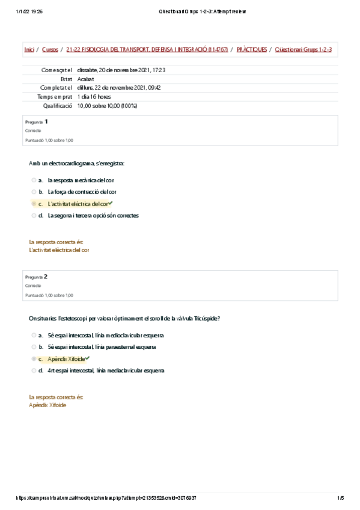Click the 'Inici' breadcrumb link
pyautogui.click(x=29, y=49)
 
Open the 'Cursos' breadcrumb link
pyautogui.click(x=50, y=49)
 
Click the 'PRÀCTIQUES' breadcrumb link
pyautogui.click(x=252, y=49)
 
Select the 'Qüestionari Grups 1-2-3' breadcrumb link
pyautogui.click(x=303, y=49)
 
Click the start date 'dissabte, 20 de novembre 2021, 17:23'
pyautogui.click(x=121, y=70)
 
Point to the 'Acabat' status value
pyautogui.click(x=85, y=79)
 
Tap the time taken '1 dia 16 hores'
pyautogui.click(x=94, y=97)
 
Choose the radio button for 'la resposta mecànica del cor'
pyautogui.click(x=34, y=180)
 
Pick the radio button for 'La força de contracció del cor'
pyautogui.click(x=34, y=192)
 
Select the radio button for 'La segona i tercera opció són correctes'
pyautogui.click(x=34, y=215)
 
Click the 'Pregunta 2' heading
pyautogui.click(x=37, y=277)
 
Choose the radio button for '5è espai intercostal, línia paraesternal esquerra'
pyautogui.click(x=34, y=347)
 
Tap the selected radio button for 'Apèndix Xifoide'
pyautogui.click(x=34, y=359)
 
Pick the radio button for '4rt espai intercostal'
pyautogui.click(x=34, y=370)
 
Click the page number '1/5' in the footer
pyautogui.click(x=340, y=497)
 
